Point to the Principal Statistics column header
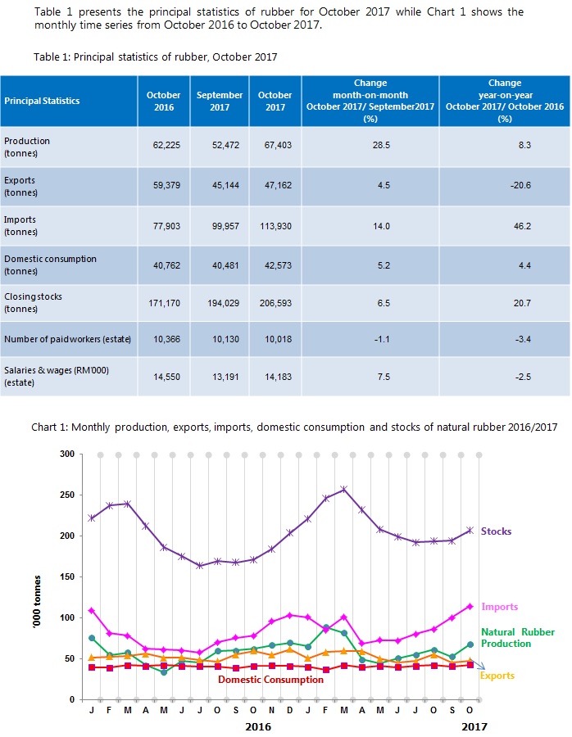pyautogui.click(x=43, y=101)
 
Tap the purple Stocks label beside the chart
pyautogui.click(x=496, y=531)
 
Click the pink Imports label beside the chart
pyautogui.click(x=499, y=607)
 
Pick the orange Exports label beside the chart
pyautogui.click(x=497, y=675)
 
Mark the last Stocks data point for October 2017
pyautogui.click(x=470, y=530)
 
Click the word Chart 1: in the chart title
pyautogui.click(x=52, y=427)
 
